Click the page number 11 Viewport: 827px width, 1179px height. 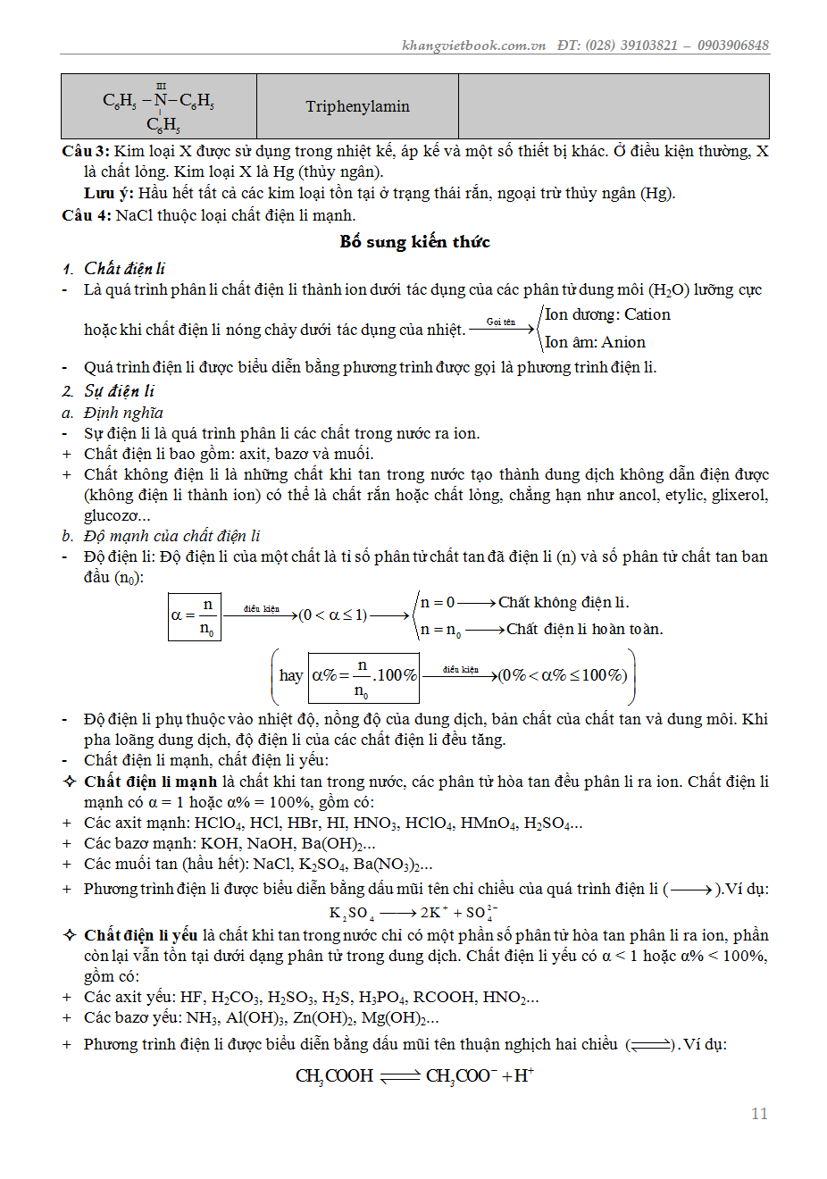click(x=759, y=1113)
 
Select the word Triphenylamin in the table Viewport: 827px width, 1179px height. click(x=357, y=106)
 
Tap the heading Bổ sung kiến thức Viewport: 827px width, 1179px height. click(x=414, y=241)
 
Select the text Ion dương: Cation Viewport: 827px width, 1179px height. click(x=607, y=314)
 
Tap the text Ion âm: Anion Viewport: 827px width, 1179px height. click(x=595, y=342)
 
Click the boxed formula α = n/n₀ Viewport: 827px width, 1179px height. click(x=195, y=615)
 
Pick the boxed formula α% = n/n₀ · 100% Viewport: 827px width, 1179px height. click(x=364, y=676)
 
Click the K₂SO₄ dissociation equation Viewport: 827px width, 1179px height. click(x=413, y=913)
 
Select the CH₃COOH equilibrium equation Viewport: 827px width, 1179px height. click(x=414, y=1076)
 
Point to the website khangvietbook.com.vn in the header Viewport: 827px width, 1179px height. click(x=473, y=46)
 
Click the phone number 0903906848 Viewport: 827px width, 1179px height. click(x=732, y=46)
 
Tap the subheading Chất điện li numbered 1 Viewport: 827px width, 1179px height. click(x=124, y=269)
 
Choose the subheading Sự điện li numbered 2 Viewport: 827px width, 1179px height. click(x=119, y=391)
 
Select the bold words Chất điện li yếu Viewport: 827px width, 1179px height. click(x=140, y=935)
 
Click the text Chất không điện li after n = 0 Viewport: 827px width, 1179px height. click(x=564, y=602)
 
